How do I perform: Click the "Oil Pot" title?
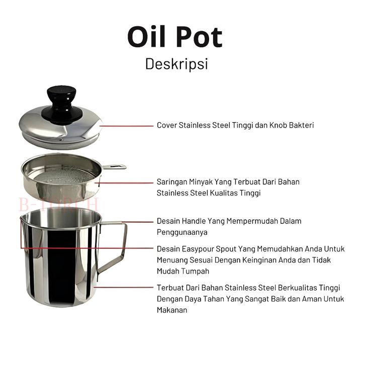(x=175, y=37)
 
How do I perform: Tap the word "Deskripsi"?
(x=176, y=64)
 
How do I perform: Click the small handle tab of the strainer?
(x=114, y=167)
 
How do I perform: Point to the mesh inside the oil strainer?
(x=63, y=176)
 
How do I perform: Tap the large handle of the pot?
(x=113, y=247)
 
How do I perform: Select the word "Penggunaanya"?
(x=182, y=232)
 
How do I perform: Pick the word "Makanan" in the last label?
(x=172, y=310)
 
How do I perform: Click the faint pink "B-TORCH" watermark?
(x=59, y=205)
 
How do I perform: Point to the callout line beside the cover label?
(x=126, y=126)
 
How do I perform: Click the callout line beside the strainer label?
(x=124, y=183)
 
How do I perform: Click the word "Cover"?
(x=167, y=125)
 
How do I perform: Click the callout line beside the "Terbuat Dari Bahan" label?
(x=123, y=288)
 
